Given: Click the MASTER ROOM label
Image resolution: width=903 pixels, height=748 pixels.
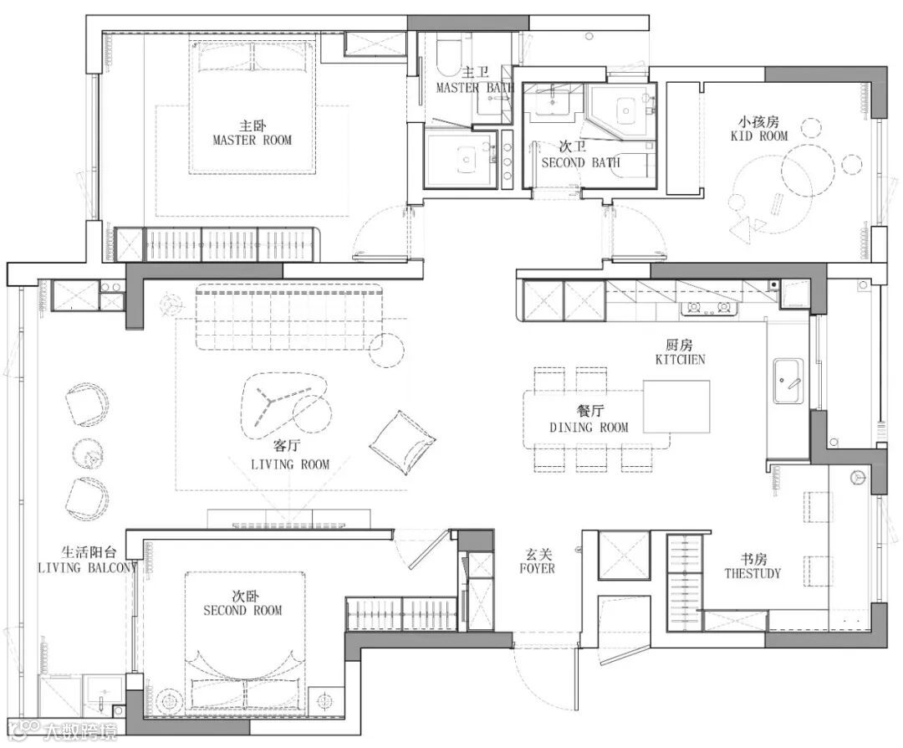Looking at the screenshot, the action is click(253, 140).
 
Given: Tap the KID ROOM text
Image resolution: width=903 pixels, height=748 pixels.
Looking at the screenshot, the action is click(759, 136).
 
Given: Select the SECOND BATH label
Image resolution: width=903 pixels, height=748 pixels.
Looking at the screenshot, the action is click(580, 162).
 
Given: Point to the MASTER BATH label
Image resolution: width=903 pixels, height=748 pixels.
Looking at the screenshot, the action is click(475, 88).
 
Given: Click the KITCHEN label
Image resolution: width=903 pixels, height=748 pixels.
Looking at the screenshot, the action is click(680, 359).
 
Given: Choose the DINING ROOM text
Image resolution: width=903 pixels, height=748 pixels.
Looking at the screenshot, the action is click(589, 427).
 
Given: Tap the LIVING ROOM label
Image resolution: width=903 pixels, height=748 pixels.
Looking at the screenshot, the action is click(290, 464).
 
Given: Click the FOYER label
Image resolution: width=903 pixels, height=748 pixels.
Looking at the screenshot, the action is click(538, 568).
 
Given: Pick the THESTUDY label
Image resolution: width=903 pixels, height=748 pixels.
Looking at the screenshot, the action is click(752, 573).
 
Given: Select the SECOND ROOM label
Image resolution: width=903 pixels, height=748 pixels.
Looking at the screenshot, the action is click(242, 610).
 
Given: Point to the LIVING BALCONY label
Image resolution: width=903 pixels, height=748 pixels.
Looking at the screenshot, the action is click(88, 567).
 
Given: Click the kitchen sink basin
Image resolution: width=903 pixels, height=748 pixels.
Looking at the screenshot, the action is click(788, 381).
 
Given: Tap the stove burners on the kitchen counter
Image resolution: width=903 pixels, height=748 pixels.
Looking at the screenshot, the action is click(710, 309).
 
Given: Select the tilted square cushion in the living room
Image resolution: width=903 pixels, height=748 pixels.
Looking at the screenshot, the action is click(402, 442).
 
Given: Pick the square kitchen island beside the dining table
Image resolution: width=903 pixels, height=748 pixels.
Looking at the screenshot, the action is click(676, 407).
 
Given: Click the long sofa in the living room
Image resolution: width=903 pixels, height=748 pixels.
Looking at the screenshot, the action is click(289, 317).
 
